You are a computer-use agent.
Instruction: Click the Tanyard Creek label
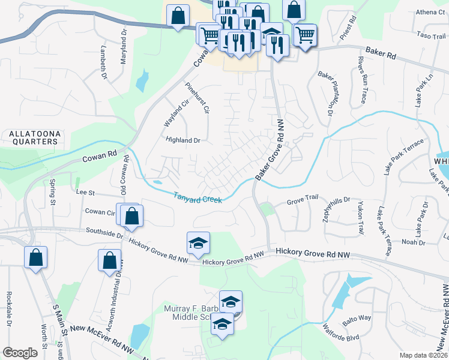coord(198,197)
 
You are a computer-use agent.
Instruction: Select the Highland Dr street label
coord(183,140)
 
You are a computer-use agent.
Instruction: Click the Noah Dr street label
coord(413,242)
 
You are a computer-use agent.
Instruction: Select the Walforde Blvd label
coord(340,332)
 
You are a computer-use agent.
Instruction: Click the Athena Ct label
coord(431,12)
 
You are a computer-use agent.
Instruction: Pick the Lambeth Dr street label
coord(103,64)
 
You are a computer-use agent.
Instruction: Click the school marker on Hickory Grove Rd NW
coord(198,242)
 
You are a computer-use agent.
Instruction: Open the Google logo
coord(20,352)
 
